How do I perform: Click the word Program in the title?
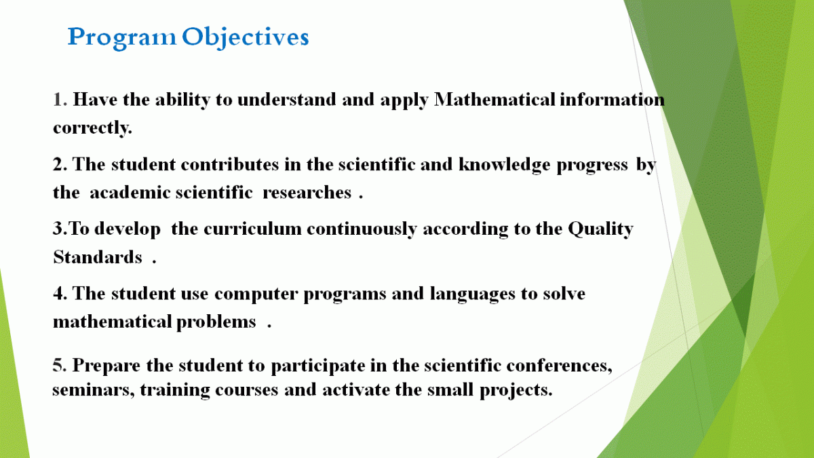(x=121, y=38)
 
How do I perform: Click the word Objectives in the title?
(x=246, y=37)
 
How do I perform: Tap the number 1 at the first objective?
(x=58, y=99)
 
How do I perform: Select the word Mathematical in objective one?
(x=495, y=99)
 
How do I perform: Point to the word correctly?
(x=92, y=128)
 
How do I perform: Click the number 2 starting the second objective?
(x=58, y=164)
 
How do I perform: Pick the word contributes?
(x=230, y=164)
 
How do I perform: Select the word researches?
(x=307, y=193)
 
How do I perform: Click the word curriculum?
(x=252, y=229)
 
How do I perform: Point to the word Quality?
(x=600, y=230)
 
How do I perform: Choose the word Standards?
(x=98, y=257)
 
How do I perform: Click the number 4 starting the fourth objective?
(x=58, y=293)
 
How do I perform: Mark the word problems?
(x=216, y=322)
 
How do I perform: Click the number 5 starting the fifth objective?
(x=58, y=365)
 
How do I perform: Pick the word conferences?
(x=559, y=365)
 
